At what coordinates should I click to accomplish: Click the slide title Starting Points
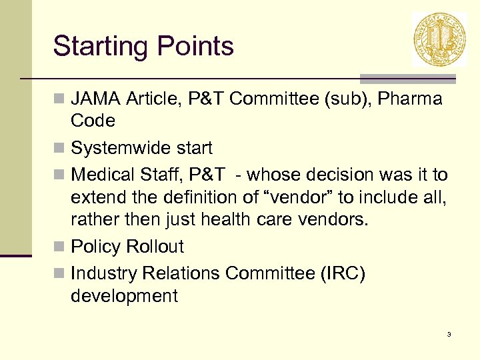[x=143, y=47]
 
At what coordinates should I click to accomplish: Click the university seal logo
[x=439, y=39]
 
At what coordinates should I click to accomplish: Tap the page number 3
[x=449, y=334]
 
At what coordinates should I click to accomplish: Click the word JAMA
[x=95, y=99]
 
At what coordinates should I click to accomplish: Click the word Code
[x=93, y=121]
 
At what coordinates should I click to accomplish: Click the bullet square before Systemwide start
[x=60, y=148]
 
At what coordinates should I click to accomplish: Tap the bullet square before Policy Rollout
[x=60, y=247]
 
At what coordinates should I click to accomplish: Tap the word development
[x=124, y=296]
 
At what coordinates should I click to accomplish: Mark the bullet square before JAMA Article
[x=60, y=100]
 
